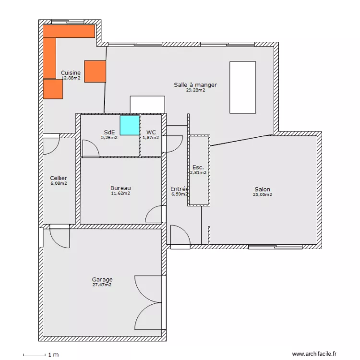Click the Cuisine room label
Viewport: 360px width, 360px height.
[71, 72]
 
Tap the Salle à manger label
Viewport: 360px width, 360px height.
[195, 84]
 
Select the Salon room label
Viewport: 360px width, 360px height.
[262, 189]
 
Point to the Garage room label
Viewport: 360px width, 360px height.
[102, 279]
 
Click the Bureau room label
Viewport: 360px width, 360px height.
[120, 188]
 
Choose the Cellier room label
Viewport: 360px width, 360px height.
[59, 178]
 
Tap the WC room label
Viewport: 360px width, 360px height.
[151, 132]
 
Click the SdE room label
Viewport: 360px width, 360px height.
[109, 132]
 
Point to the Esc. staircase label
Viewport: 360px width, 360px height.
[198, 167]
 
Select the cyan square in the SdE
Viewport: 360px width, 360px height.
[129, 125]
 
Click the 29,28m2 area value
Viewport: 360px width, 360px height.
[195, 90]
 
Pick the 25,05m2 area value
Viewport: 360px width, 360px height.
[263, 194]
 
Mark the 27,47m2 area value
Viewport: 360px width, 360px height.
[102, 285]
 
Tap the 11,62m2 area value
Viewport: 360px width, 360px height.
[120, 193]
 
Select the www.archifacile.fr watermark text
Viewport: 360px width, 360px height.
[314, 354]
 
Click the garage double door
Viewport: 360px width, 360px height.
[149, 302]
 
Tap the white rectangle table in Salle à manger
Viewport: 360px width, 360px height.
[243, 86]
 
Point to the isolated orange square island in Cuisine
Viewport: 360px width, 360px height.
[95, 71]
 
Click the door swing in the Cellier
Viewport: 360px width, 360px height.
[50, 145]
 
